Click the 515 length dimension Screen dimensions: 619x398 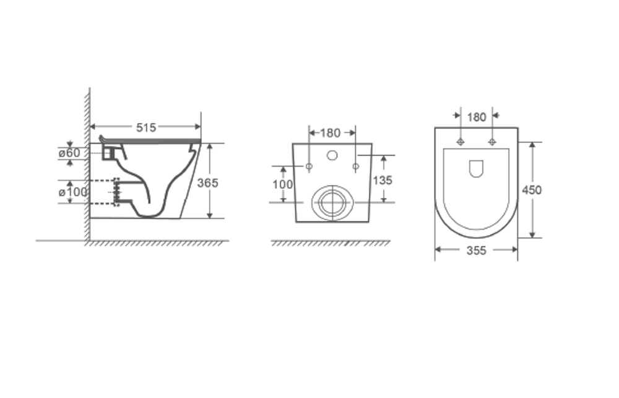(x=146, y=127)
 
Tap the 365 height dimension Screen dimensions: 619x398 (x=207, y=183)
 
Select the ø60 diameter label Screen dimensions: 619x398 (x=69, y=153)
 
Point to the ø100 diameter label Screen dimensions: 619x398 (x=72, y=193)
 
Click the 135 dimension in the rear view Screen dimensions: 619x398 (x=383, y=180)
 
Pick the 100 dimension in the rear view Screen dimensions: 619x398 (x=283, y=184)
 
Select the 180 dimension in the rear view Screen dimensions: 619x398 (x=330, y=133)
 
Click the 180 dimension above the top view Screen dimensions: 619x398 (x=477, y=117)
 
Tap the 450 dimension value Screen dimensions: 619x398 (x=532, y=190)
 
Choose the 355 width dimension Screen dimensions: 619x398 (x=477, y=250)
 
